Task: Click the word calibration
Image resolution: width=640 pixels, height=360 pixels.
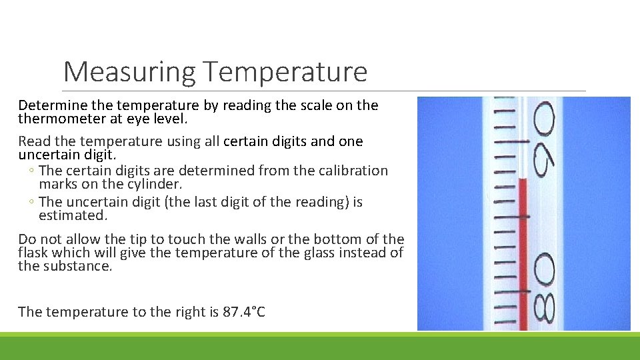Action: tap(354, 171)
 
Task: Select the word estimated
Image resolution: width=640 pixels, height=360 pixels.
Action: tap(73, 215)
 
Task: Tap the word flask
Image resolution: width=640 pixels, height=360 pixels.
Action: tap(33, 253)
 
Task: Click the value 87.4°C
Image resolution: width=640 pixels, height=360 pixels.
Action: tap(243, 311)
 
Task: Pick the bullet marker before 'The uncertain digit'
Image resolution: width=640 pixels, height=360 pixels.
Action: tap(31, 202)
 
